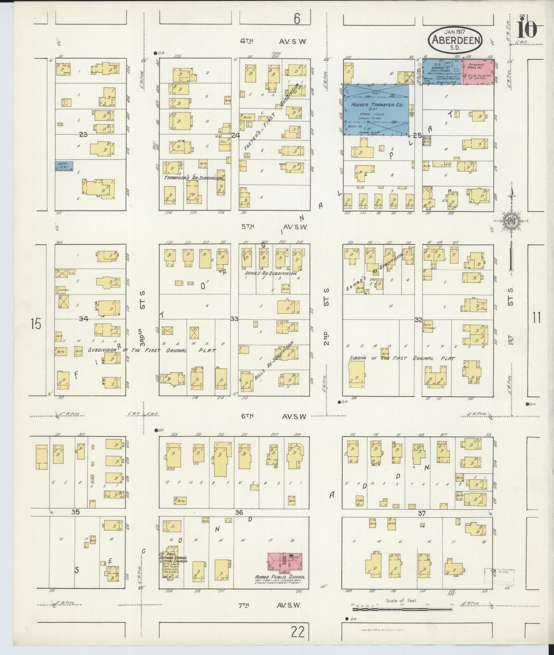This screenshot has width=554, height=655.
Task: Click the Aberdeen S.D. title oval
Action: coord(456,38)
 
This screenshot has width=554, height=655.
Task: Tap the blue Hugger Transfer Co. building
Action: coord(376,110)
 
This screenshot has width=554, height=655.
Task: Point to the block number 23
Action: coord(84,134)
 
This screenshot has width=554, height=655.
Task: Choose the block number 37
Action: coord(421,513)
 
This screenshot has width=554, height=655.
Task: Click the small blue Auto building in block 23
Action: coord(64,166)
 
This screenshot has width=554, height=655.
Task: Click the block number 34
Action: coord(84,319)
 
